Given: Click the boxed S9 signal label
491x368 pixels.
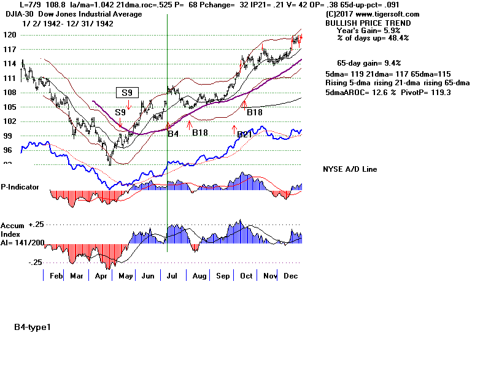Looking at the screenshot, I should pyautogui.click(x=128, y=93).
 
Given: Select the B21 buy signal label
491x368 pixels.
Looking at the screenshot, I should pyautogui.click(x=244, y=134).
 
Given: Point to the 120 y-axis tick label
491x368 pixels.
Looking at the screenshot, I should pyautogui.click(x=9, y=35).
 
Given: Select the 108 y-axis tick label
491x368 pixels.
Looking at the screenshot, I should pyautogui.click(x=9, y=93).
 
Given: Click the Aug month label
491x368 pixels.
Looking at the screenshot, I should pyautogui.click(x=199, y=277).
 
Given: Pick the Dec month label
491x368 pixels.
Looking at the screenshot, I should pyautogui.click(x=292, y=277).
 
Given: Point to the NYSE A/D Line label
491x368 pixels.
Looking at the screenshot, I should pyautogui.click(x=350, y=169).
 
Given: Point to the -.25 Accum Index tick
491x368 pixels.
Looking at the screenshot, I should pyautogui.click(x=35, y=262).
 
